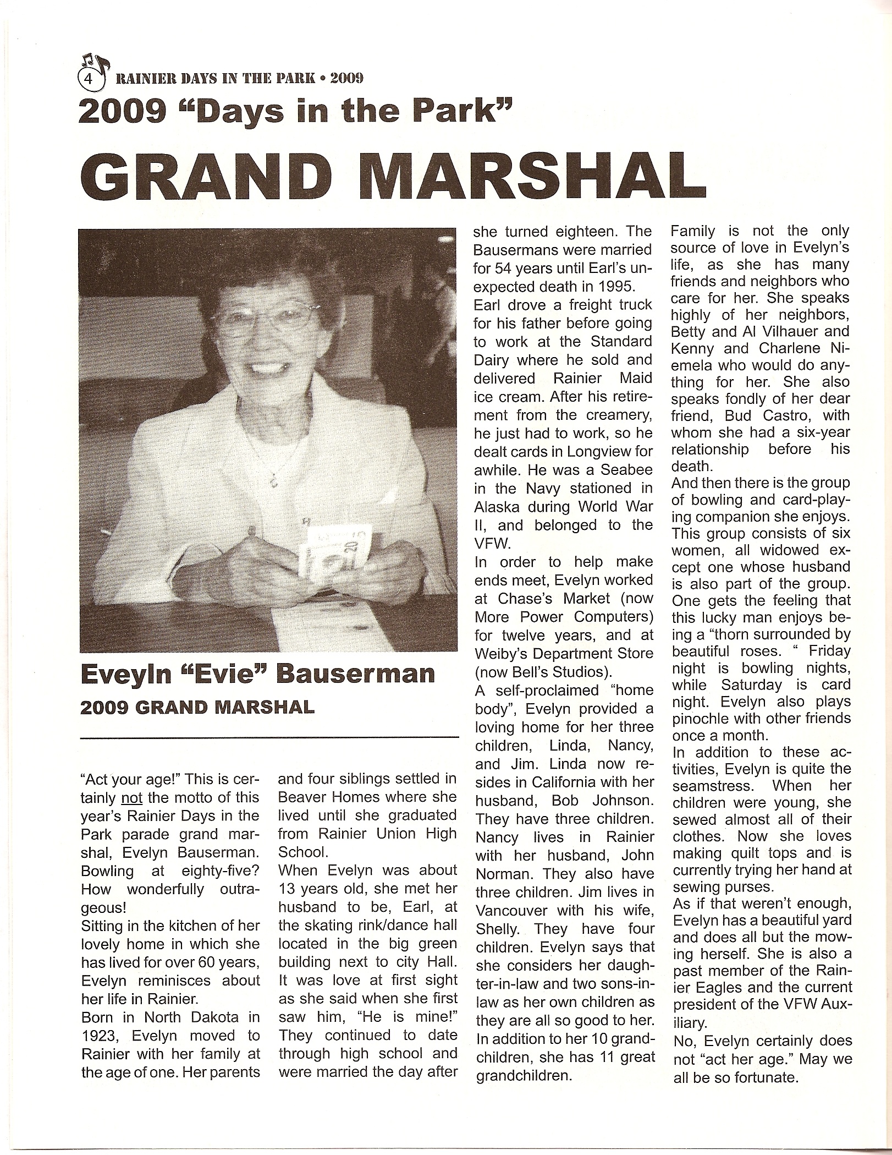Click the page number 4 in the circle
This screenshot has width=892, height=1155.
click(87, 79)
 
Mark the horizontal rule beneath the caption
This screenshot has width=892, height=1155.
click(269, 736)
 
